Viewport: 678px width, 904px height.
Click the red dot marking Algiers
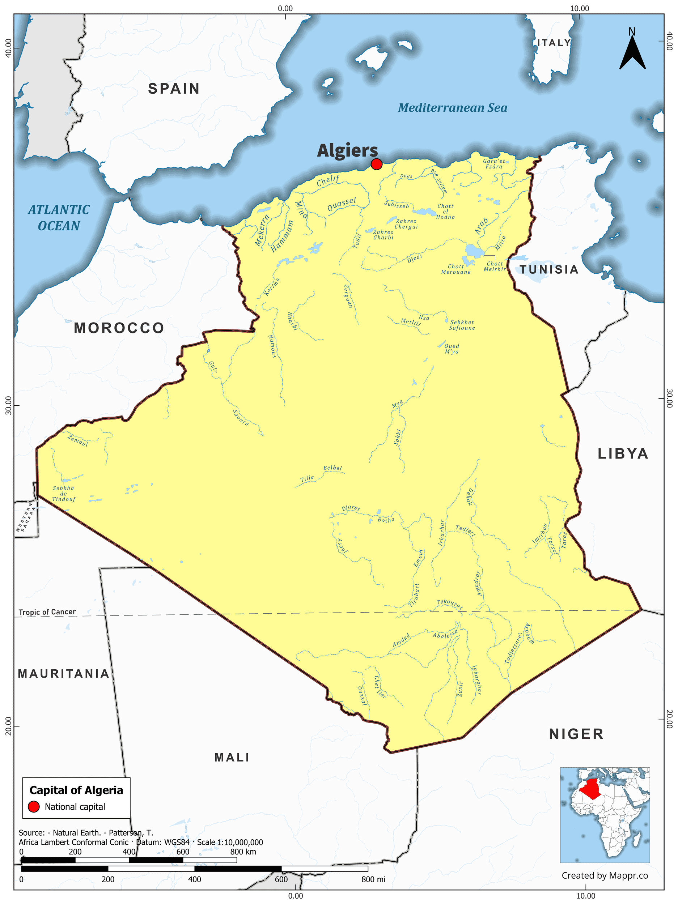(376, 164)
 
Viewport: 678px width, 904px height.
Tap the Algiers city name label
(347, 150)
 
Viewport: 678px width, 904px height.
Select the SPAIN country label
(174, 89)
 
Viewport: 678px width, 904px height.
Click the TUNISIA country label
(549, 270)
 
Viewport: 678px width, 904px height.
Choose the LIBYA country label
(623, 454)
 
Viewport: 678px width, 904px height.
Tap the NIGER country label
(576, 734)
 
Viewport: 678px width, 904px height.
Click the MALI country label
(232, 757)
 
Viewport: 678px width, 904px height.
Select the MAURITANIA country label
(63, 674)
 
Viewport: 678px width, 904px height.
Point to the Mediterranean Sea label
(453, 108)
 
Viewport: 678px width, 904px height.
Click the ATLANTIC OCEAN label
(59, 218)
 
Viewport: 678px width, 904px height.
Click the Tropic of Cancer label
(47, 612)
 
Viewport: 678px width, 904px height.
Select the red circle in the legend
(34, 807)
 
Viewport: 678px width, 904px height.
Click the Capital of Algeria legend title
(76, 790)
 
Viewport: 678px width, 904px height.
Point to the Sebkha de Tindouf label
(63, 493)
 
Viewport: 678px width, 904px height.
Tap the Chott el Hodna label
(445, 212)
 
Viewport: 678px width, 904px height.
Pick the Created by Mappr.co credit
(605, 875)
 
